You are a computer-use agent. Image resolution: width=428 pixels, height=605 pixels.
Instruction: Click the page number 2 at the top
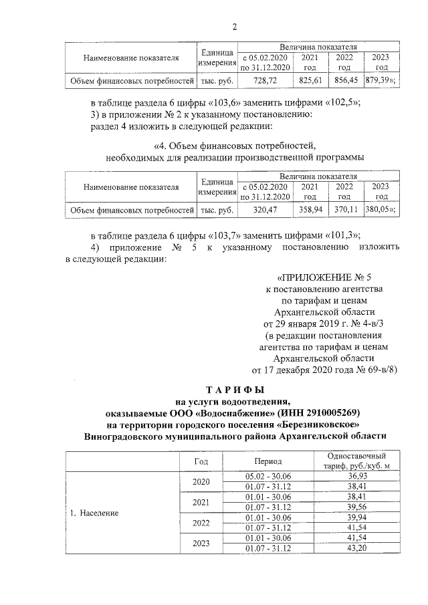click(234, 27)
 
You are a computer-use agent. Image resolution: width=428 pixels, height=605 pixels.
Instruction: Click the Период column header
click(268, 461)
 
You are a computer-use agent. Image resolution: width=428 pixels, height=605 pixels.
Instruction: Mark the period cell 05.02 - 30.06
click(268, 475)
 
